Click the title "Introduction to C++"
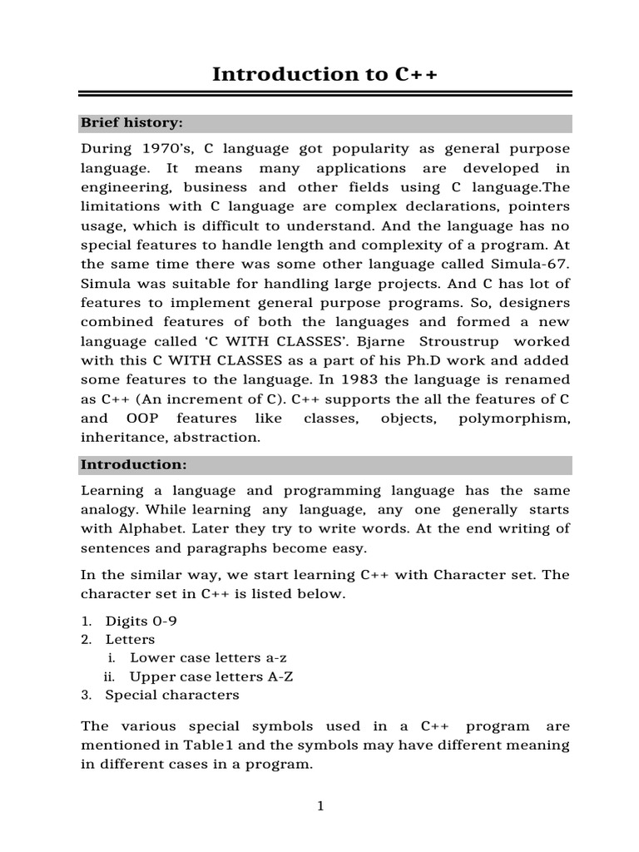[x=324, y=74]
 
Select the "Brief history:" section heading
[x=131, y=123]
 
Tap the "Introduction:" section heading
[x=134, y=464]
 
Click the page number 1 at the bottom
[x=319, y=805]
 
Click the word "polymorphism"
[x=513, y=418]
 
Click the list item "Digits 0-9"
[x=141, y=621]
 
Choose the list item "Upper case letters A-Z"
[x=211, y=676]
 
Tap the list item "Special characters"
[x=172, y=695]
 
